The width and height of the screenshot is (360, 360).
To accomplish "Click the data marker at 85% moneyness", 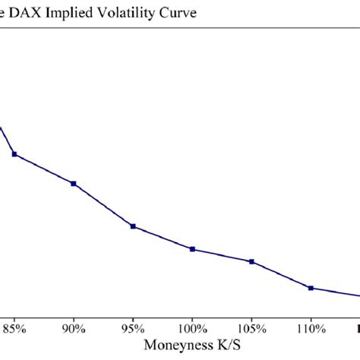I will pos(14,155).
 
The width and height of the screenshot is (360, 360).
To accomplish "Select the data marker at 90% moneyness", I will pos(74,184).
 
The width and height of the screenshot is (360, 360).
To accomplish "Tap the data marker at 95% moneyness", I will pos(133,226).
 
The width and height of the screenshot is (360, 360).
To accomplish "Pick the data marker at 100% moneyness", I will pos(192,249).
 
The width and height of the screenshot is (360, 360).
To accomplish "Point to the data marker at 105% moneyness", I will pos(251,262).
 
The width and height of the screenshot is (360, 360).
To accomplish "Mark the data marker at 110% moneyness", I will pos(311,288).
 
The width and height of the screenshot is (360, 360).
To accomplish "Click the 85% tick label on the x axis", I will pos(14,329).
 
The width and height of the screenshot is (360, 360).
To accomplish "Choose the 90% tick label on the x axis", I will pos(74,329).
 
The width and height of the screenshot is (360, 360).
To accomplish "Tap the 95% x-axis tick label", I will pos(133,329).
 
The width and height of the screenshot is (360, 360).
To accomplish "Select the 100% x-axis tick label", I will pos(192,329).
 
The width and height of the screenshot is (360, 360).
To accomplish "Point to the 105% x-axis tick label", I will pos(251,329).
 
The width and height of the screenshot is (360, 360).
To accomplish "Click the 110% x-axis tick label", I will pos(311,329).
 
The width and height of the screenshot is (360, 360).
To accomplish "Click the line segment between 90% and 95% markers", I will pos(103,205).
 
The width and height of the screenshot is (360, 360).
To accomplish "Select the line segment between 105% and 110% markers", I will pos(281,275).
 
